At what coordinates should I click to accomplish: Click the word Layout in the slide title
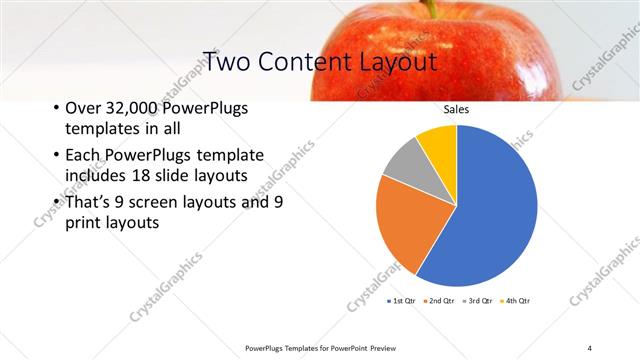coord(400,61)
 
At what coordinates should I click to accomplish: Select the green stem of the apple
coord(432,8)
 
